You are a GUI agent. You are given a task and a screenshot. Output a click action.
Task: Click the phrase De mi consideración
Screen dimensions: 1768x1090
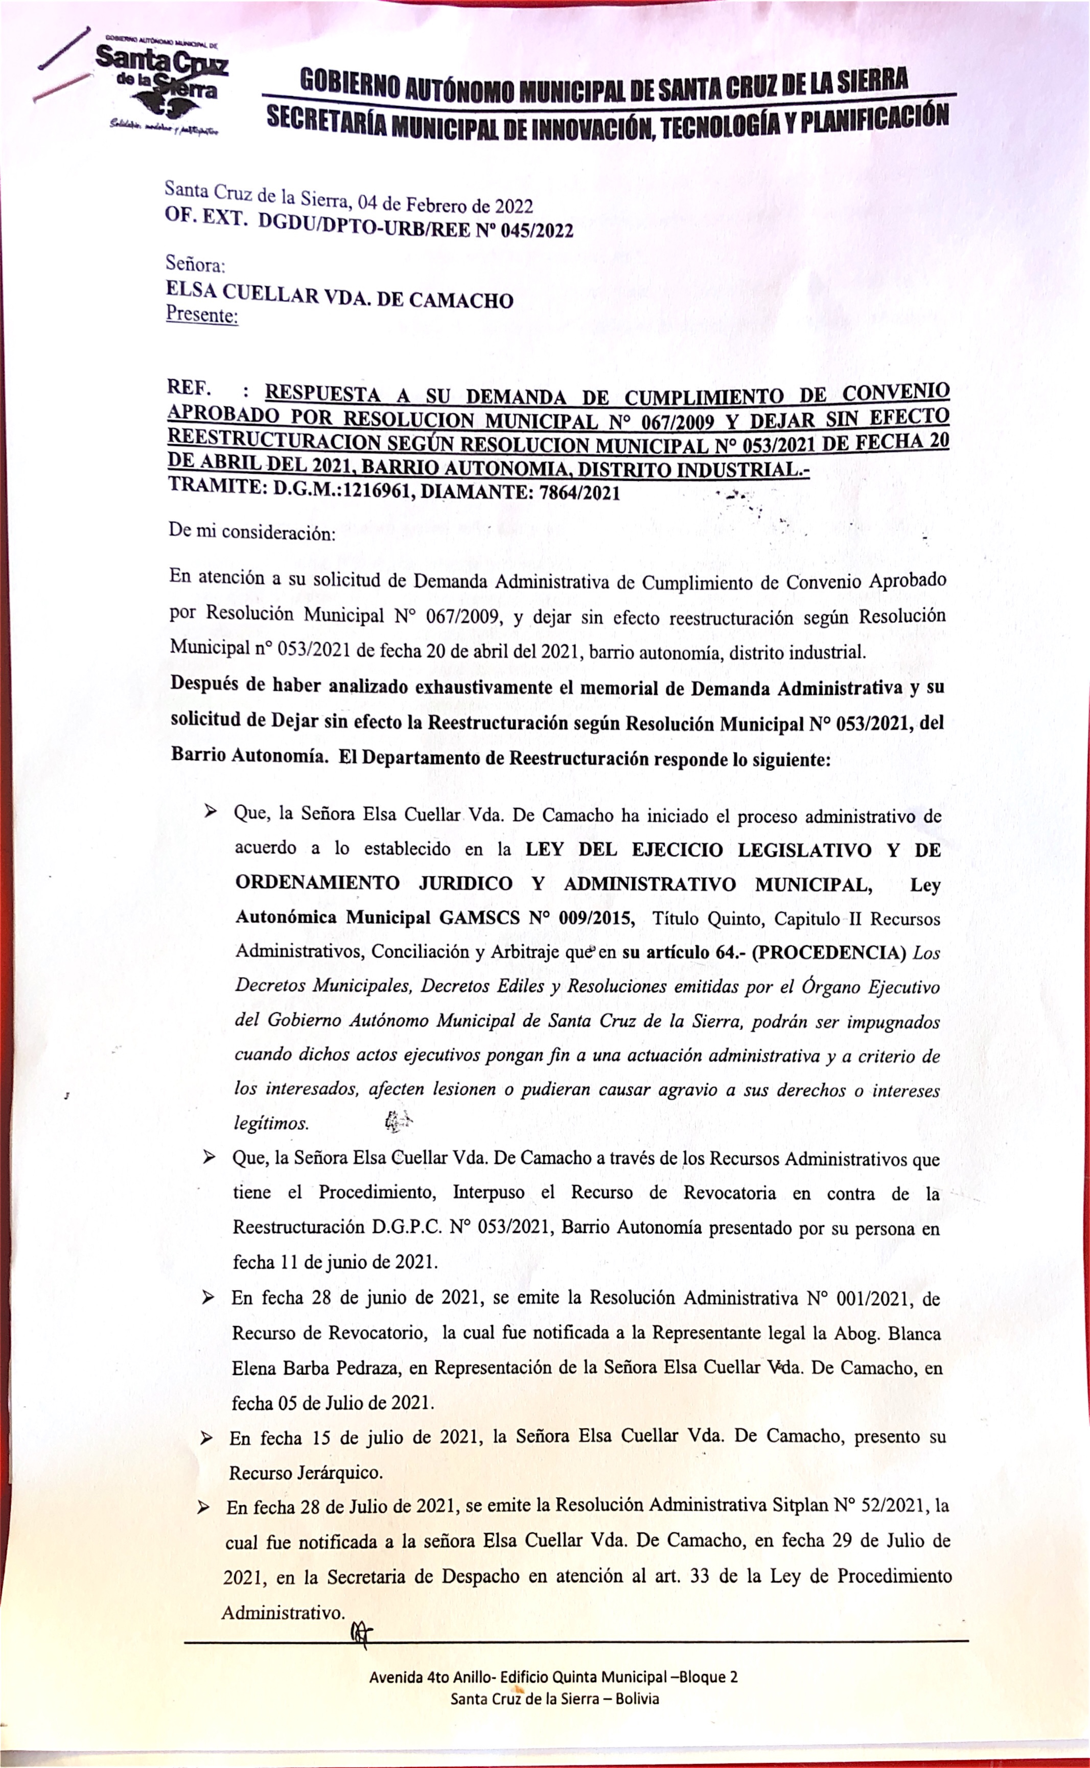(x=252, y=533)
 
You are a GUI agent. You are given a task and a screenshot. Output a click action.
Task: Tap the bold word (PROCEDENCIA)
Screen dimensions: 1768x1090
(x=829, y=952)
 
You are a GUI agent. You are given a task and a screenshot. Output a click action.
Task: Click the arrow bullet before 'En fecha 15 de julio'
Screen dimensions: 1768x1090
(x=206, y=1438)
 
